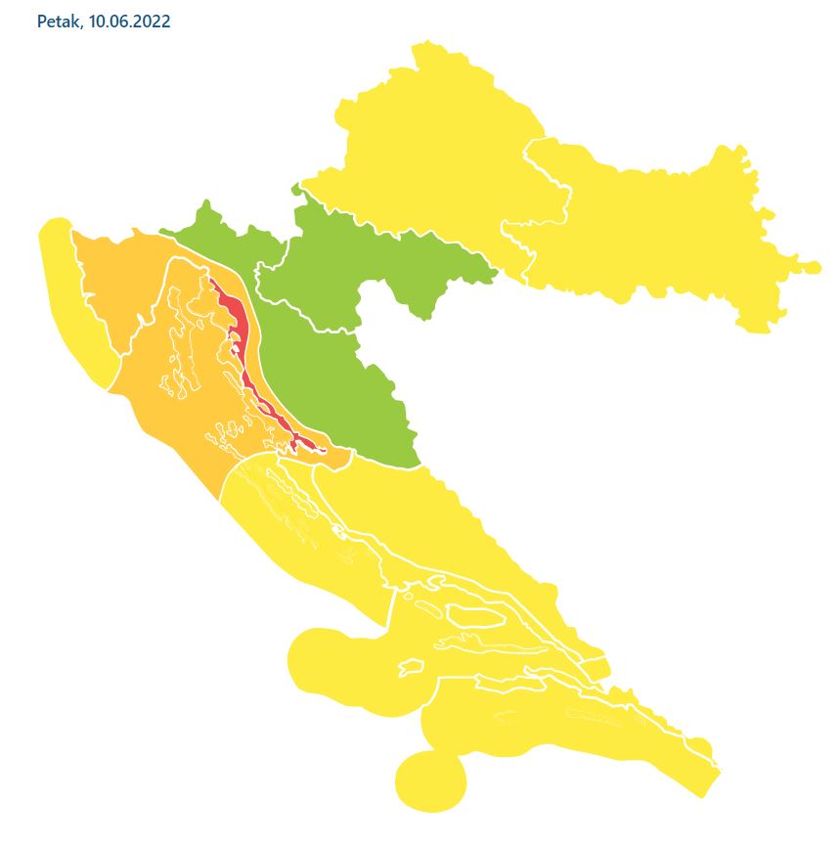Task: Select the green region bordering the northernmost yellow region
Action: tap(372, 264)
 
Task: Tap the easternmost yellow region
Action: tap(665, 235)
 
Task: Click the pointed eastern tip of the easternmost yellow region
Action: tap(817, 265)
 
